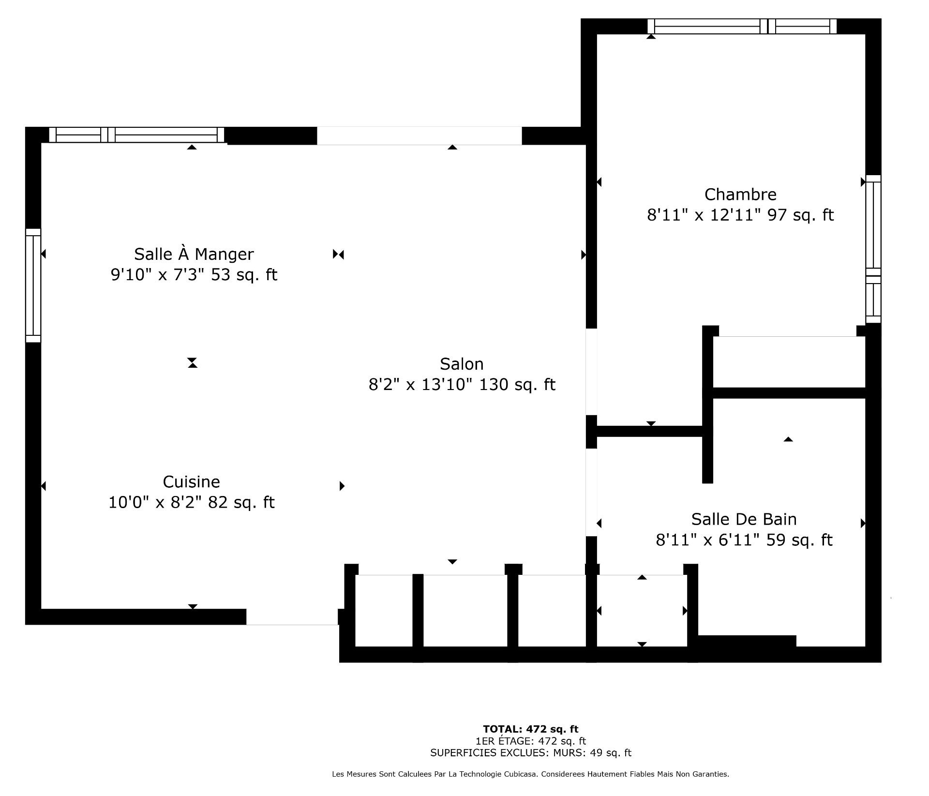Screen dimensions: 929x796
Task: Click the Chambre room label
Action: [x=740, y=195]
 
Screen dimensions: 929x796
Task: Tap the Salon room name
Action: [x=462, y=364]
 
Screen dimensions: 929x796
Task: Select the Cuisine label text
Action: [x=191, y=482]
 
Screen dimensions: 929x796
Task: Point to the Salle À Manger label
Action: [x=194, y=254]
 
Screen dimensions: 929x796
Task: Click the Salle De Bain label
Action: [x=744, y=519]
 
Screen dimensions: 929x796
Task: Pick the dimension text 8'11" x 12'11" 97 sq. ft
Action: [x=740, y=215]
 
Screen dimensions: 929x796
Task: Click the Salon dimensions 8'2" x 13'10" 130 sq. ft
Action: [x=462, y=385]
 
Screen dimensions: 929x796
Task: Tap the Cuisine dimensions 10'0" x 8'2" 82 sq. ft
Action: [x=191, y=502]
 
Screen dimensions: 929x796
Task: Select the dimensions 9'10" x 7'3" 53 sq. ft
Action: [x=194, y=275]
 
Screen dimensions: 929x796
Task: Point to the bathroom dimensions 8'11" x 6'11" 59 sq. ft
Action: [x=744, y=540]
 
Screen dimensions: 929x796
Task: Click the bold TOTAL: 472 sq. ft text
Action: [x=530, y=729]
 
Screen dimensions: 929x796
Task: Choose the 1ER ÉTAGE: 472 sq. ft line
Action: [x=530, y=741]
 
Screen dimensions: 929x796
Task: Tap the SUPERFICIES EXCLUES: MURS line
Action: [x=530, y=753]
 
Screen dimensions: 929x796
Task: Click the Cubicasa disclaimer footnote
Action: [x=530, y=774]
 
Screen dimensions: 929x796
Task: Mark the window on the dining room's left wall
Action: [x=33, y=285]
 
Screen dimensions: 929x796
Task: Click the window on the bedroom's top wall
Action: [x=742, y=26]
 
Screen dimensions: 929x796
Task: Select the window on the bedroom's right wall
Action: [x=873, y=249]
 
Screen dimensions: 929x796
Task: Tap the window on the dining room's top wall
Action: [x=137, y=135]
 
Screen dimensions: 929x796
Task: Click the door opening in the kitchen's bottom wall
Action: [x=292, y=617]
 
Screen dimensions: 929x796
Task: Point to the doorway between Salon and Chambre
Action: [x=591, y=372]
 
